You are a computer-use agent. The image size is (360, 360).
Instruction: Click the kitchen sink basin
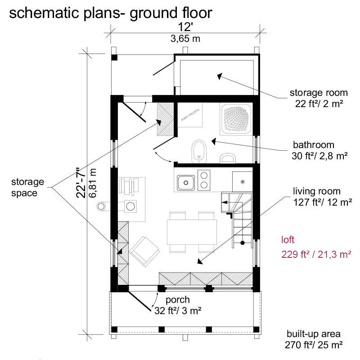[x=186, y=183]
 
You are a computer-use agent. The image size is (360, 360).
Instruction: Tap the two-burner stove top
[x=204, y=180]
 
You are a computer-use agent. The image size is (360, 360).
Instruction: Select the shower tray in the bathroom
[x=235, y=119]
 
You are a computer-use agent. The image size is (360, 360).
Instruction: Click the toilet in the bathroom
[x=199, y=151]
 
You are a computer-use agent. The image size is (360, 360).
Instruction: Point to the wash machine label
[x=190, y=115]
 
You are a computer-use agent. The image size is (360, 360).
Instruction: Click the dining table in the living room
[x=192, y=232]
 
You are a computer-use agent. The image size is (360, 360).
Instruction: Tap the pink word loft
[x=288, y=240]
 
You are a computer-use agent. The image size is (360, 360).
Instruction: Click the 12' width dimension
[x=185, y=27]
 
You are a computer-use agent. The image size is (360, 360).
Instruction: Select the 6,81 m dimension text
[x=93, y=183]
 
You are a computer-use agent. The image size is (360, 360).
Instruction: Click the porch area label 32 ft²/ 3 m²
[x=178, y=310]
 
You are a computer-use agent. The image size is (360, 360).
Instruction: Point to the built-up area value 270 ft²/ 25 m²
[x=314, y=345]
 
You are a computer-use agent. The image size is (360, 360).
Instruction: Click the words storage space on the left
[x=27, y=187]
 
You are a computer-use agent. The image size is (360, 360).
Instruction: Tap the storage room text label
[x=319, y=93]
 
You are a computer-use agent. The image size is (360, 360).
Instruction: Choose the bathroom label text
[x=313, y=145]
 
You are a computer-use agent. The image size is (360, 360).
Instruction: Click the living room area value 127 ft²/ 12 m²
[x=323, y=202]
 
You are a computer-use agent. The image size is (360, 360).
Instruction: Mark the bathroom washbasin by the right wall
[x=228, y=158]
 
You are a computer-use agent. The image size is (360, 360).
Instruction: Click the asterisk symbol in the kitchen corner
[x=243, y=182]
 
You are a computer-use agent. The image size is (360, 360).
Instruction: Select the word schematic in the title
[x=44, y=13]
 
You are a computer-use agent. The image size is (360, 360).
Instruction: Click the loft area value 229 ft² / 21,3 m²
[x=316, y=254]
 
